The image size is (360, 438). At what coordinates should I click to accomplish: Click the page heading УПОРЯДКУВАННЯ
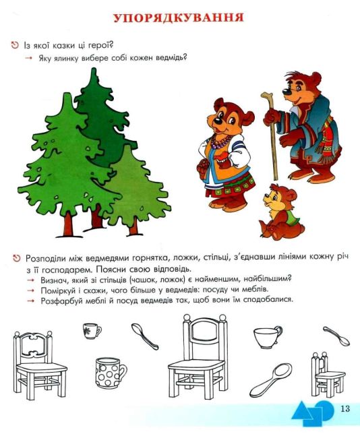pyautogui.click(x=179, y=18)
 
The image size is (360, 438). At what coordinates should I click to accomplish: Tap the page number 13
pyautogui.click(x=345, y=408)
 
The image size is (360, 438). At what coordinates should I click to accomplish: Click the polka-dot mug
pyautogui.click(x=111, y=373)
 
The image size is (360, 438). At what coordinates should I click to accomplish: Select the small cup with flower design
pyautogui.click(x=92, y=331)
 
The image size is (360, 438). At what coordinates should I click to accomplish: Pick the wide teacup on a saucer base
pyautogui.click(x=268, y=337)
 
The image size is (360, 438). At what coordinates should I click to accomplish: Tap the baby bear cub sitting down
pyautogui.click(x=281, y=212)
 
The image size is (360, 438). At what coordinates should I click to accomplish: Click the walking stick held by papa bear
pyautogui.click(x=272, y=136)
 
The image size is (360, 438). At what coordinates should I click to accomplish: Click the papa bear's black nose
pyautogui.click(x=287, y=92)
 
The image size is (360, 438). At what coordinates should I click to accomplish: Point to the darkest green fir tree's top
pyautogui.click(x=94, y=73)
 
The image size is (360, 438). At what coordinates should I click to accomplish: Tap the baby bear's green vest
pyautogui.click(x=292, y=215)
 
